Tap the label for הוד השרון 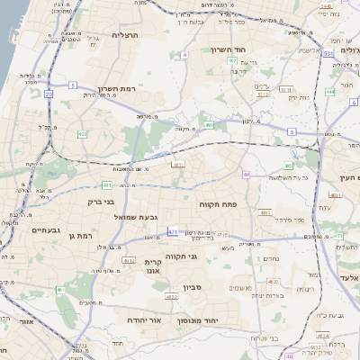[x=229, y=50]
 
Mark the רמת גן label [x=80, y=235]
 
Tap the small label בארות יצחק [x=268, y=295]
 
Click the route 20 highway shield [x=49, y=93]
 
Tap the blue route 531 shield [x=329, y=54]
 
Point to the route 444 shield [x=330, y=91]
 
